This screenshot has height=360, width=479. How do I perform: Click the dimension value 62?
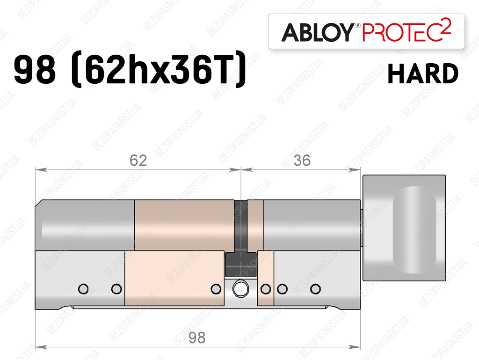coord(138,161)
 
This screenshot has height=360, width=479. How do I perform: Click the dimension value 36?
coord(302,161)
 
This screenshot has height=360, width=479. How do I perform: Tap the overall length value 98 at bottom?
coord(197,338)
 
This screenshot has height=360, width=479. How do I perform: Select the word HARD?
coord(423,73)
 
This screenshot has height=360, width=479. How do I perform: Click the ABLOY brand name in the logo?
coord(318,32)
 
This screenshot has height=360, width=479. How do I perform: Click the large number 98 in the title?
coord(35,69)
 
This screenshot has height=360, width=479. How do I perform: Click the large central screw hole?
coord(240,289)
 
